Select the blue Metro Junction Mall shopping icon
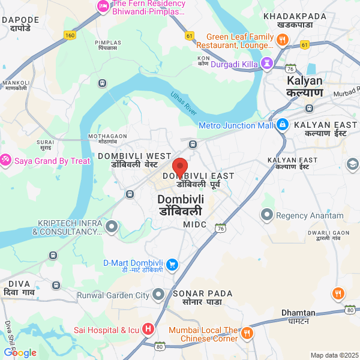[x=283, y=125]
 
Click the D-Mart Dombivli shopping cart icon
[x=172, y=263]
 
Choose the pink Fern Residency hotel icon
[x=102, y=7]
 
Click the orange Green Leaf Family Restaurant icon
[x=282, y=40]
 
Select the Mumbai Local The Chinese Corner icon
[x=247, y=334]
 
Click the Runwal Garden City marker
[x=158, y=295]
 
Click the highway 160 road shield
[x=70, y=35]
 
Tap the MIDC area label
[x=194, y=224]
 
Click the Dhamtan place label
[x=298, y=313]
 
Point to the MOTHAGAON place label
[x=107, y=136]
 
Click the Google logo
[x=20, y=353]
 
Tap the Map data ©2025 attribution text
[x=334, y=355]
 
